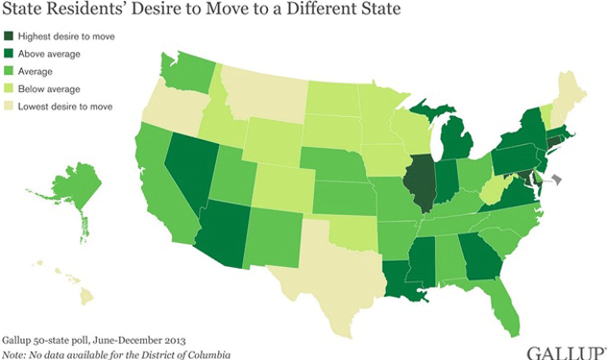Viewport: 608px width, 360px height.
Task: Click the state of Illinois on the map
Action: pyautogui.click(x=414, y=180)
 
